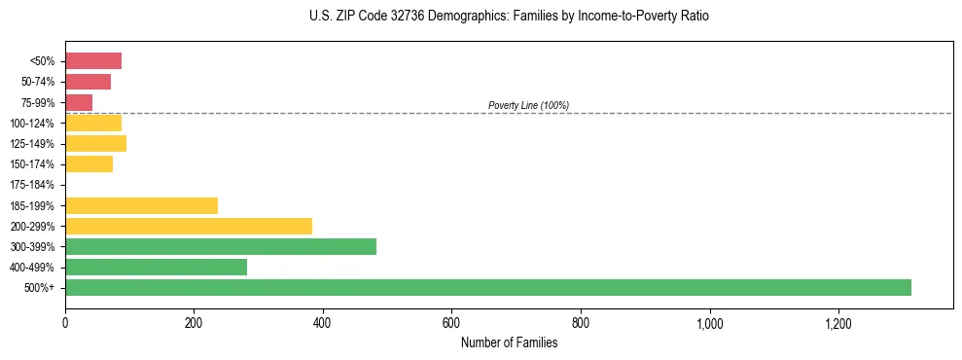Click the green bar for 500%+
tap(487, 287)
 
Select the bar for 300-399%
tap(221, 246)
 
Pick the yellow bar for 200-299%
tap(189, 226)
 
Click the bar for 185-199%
tap(141, 205)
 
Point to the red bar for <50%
tap(93, 61)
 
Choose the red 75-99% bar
tap(79, 102)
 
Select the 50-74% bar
tap(88, 82)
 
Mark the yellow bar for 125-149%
tap(95, 144)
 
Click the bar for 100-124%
tap(93, 123)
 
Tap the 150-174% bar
tap(89, 164)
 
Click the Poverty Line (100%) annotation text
tap(528, 105)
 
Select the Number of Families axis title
tap(509, 342)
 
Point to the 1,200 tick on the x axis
tap(837, 322)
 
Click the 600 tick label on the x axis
tap(451, 322)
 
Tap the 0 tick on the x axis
tap(65, 322)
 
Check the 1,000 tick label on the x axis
tap(709, 322)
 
